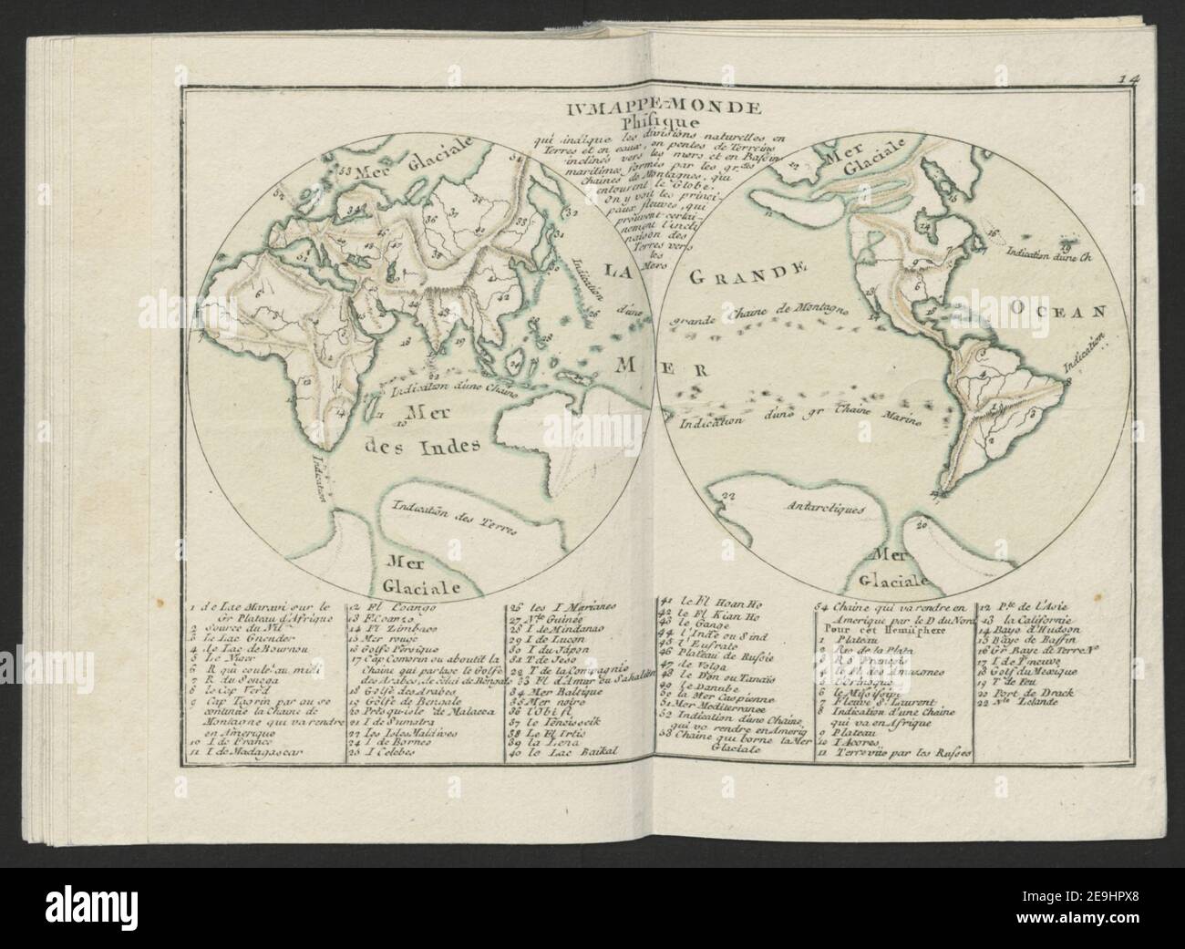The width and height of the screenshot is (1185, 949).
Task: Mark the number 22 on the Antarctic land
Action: [x=727, y=496]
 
